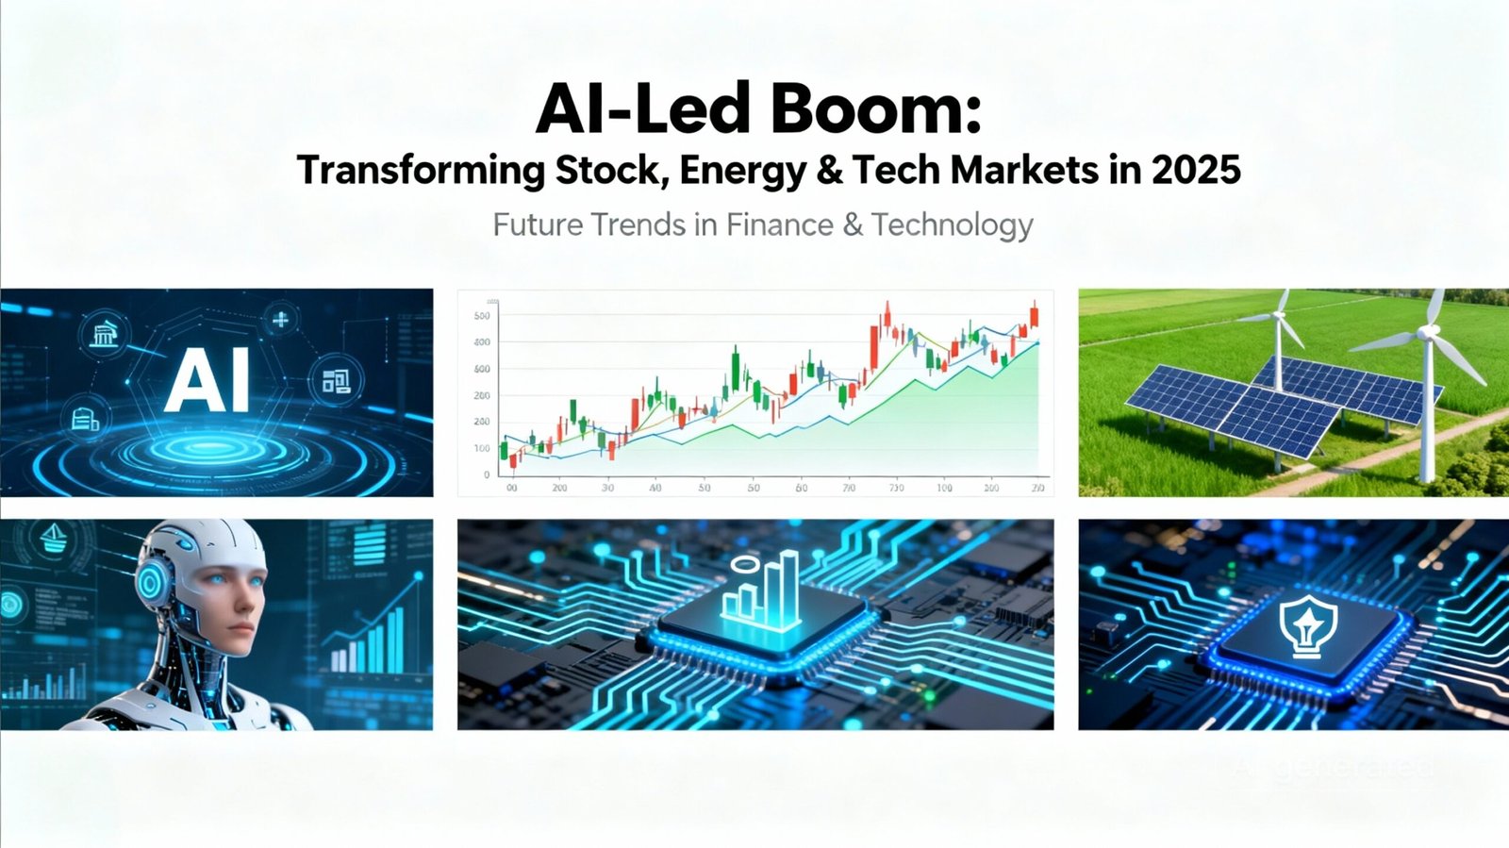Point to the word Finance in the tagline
[780, 225]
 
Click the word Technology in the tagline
[953, 225]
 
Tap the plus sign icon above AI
[280, 320]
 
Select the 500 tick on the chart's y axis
[482, 316]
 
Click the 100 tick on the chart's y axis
[482, 448]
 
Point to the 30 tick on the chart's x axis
[607, 488]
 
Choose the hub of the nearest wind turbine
[1428, 333]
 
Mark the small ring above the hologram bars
[744, 564]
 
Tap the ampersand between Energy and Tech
[830, 171]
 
